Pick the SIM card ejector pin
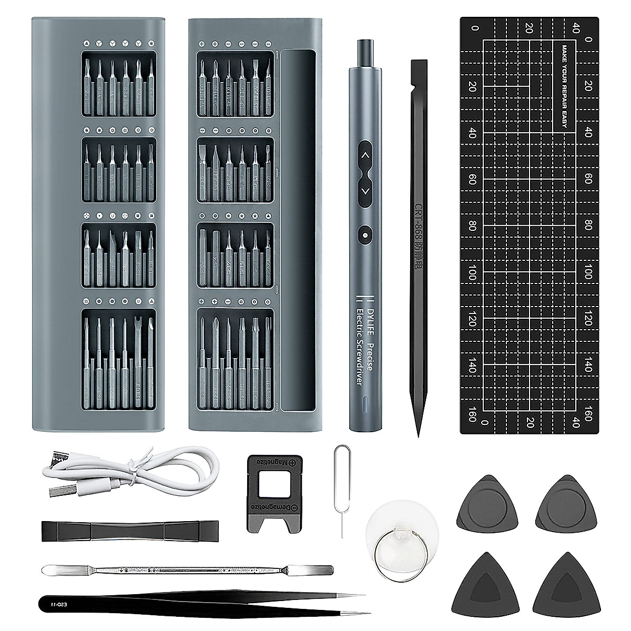click(339, 489)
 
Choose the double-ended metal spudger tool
click(187, 569)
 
